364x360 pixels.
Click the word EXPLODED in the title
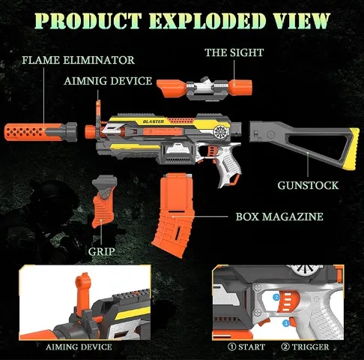click(x=207, y=20)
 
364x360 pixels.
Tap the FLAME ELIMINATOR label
click(x=78, y=60)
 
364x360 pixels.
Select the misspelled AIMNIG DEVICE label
click(x=108, y=81)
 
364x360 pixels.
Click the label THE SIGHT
click(x=234, y=52)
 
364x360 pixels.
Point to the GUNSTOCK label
click(x=308, y=185)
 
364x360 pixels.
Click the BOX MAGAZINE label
click(x=279, y=217)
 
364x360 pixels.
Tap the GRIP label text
click(x=101, y=251)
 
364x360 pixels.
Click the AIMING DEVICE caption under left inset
click(x=79, y=347)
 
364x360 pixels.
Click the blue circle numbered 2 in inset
click(x=276, y=298)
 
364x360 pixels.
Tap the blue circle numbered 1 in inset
click(x=286, y=323)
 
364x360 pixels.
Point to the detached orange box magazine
click(x=174, y=215)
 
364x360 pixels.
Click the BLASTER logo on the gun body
click(x=154, y=121)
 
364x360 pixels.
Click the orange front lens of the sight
click(x=172, y=88)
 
